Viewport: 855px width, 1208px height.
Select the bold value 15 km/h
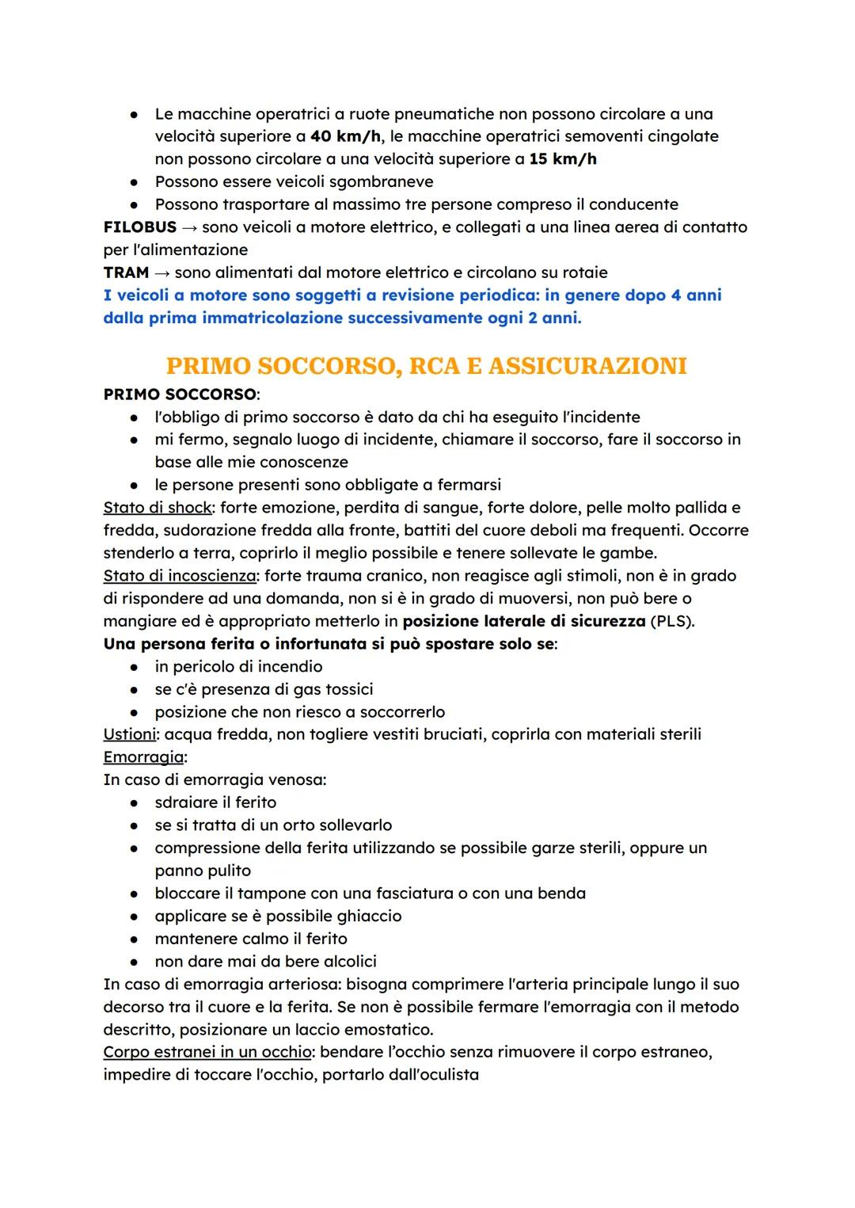[x=563, y=159]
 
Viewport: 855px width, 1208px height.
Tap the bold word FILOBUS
[x=139, y=227]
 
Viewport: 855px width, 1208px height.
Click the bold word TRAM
[x=126, y=272]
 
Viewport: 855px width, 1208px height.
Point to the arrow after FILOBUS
[x=189, y=227]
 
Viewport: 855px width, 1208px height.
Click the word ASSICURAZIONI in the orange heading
[x=587, y=366]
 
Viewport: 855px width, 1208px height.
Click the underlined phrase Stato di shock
[x=158, y=507]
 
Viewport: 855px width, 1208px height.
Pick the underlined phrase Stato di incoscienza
[x=180, y=576]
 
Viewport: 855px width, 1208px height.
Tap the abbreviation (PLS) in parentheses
[x=671, y=621]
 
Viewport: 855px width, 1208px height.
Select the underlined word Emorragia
[x=143, y=757]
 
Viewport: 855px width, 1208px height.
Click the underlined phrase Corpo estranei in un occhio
[x=207, y=1053]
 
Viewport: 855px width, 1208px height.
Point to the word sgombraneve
[x=381, y=181]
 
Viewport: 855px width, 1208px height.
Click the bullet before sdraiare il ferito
[x=136, y=802]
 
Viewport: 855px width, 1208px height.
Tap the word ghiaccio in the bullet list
[x=369, y=916]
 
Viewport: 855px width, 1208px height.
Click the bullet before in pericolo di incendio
[x=136, y=667]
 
